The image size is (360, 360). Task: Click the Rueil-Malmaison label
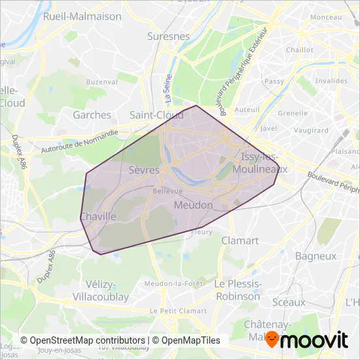click(82, 16)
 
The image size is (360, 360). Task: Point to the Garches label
click(92, 115)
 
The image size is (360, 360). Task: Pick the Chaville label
click(98, 216)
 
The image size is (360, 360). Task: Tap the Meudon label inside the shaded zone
click(194, 206)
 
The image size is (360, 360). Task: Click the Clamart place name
click(240, 240)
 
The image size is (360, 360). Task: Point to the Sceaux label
click(289, 302)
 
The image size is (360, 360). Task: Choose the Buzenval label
click(100, 82)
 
